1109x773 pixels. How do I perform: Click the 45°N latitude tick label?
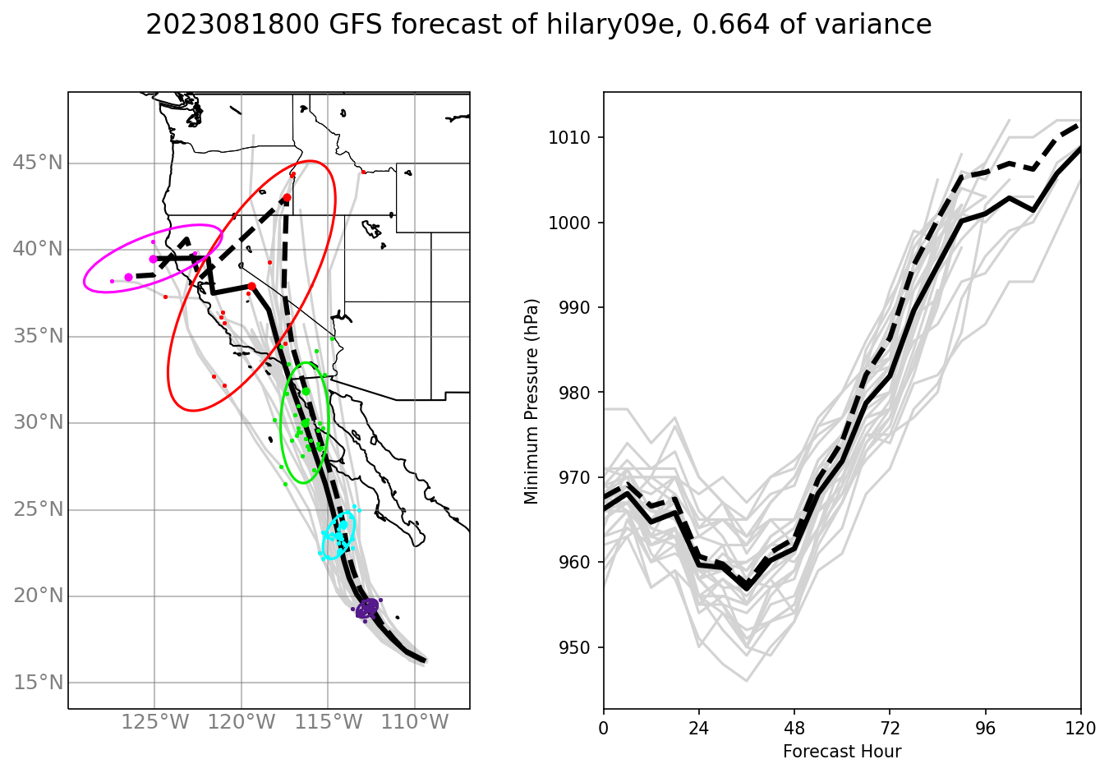[x=38, y=163]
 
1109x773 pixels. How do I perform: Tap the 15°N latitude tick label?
[x=38, y=683]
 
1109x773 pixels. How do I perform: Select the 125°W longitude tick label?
[x=155, y=723]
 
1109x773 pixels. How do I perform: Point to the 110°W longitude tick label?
[x=415, y=723]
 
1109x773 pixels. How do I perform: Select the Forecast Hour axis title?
[x=842, y=752]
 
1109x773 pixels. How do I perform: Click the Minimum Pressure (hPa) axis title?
[x=531, y=401]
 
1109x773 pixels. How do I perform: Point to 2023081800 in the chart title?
[x=232, y=25]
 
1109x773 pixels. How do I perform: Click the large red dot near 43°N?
[x=287, y=198]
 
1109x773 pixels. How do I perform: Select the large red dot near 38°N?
[x=251, y=287]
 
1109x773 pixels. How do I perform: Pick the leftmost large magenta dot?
[x=128, y=277]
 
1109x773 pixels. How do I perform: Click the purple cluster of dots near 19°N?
[x=367, y=609]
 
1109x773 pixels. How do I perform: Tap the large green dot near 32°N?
[x=306, y=391]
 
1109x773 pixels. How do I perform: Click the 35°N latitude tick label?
[x=38, y=336]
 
